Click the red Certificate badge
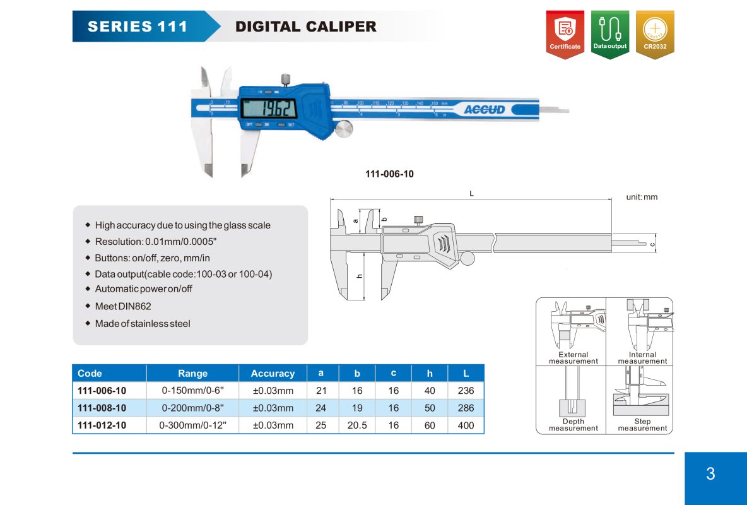pyautogui.click(x=565, y=34)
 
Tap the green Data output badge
pyautogui.click(x=610, y=34)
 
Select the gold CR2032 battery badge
pyautogui.click(x=655, y=34)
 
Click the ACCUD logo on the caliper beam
pyautogui.click(x=485, y=110)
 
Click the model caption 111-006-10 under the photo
pyautogui.click(x=389, y=174)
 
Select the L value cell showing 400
pyautogui.click(x=466, y=425)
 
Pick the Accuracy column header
pyautogui.click(x=273, y=374)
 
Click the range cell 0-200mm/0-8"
pyautogui.click(x=192, y=408)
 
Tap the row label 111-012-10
pyautogui.click(x=102, y=425)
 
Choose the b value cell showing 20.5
pyautogui.click(x=357, y=425)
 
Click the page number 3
pyautogui.click(x=710, y=474)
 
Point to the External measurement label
pyautogui.click(x=573, y=358)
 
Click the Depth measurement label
pyautogui.click(x=573, y=425)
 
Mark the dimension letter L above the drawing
pyautogui.click(x=471, y=194)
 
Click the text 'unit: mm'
pyautogui.click(x=642, y=197)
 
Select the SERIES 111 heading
pyautogui.click(x=138, y=27)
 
